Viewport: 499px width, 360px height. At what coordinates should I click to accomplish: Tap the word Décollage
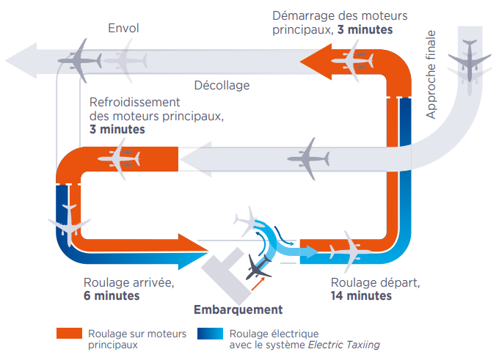(x=222, y=85)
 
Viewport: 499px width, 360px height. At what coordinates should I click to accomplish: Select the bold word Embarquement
(x=237, y=309)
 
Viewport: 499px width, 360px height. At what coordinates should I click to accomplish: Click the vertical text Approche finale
(x=431, y=74)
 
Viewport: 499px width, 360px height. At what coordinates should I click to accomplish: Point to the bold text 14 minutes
(x=361, y=296)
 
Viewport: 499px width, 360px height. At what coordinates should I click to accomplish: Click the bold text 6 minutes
(x=111, y=296)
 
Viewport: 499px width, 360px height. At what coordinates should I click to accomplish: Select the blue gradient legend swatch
(x=209, y=334)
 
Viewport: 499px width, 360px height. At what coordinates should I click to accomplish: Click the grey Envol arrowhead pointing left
(x=21, y=58)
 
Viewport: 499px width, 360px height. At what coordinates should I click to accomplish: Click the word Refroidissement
(x=134, y=102)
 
